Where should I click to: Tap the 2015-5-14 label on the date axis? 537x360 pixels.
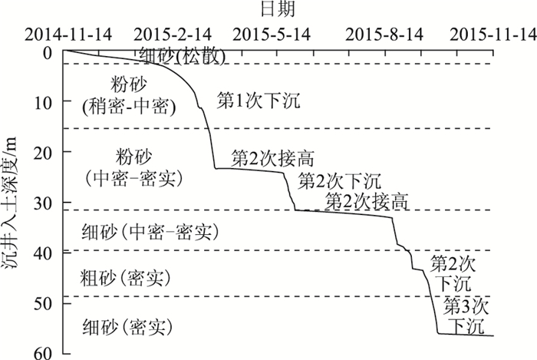point(271,34)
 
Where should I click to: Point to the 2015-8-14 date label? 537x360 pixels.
point(385,34)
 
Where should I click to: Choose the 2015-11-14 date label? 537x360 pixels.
point(492,34)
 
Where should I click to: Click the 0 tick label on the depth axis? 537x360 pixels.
point(47,52)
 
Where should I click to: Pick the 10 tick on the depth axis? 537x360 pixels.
point(43,102)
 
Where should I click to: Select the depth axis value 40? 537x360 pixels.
point(43,253)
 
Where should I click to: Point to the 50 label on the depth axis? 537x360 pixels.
point(43,302)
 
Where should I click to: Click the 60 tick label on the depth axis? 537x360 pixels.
point(43,352)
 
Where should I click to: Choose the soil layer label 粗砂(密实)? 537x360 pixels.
point(124,277)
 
